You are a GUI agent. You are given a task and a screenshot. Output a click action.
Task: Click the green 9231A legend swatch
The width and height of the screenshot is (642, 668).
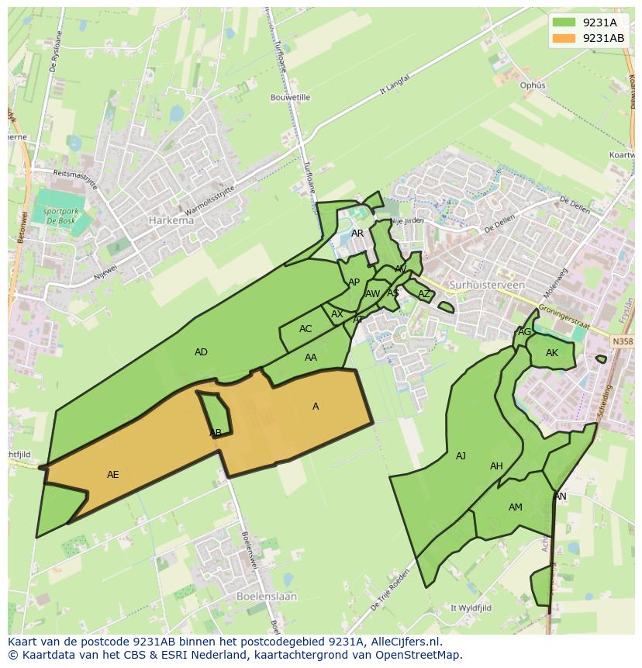click(564, 23)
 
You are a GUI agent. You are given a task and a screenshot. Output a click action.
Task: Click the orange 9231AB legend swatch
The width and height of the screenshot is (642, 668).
click(564, 38)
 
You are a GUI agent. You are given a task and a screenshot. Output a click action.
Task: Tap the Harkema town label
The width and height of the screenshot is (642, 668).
click(171, 220)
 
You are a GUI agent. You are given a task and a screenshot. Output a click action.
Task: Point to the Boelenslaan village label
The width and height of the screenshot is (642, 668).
click(264, 597)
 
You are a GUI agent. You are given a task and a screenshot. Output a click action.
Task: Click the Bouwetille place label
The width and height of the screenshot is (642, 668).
click(290, 98)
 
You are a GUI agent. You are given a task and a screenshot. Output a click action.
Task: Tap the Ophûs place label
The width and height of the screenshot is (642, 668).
click(533, 85)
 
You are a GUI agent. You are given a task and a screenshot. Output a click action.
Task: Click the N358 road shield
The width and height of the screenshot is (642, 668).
click(621, 341)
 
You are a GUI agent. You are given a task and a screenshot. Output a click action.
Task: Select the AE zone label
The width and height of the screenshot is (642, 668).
click(113, 475)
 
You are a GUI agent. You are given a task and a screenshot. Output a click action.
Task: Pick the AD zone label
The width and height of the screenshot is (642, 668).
click(201, 352)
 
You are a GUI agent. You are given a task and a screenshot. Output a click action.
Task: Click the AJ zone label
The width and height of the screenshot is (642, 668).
click(461, 456)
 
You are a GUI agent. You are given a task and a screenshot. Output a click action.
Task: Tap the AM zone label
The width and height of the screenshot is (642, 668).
click(515, 507)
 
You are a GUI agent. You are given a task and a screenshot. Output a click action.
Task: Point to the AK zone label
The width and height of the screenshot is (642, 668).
click(551, 353)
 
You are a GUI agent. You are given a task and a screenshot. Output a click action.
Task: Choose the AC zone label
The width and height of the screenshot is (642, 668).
click(305, 329)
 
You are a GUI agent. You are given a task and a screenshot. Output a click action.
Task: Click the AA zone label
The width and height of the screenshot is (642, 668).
click(311, 358)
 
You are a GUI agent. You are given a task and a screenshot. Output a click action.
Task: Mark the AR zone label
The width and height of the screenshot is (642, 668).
click(357, 234)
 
